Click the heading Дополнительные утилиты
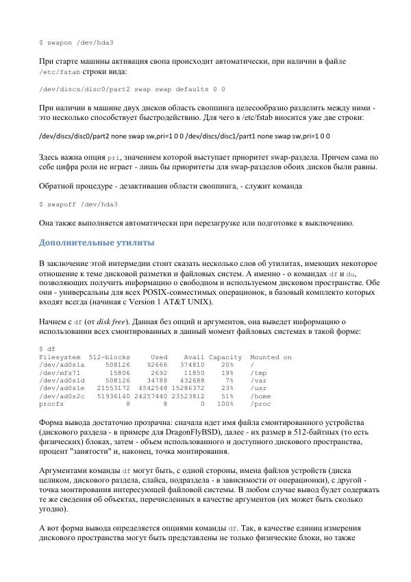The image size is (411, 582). tap(97, 243)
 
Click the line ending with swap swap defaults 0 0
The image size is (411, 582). tap(132, 89)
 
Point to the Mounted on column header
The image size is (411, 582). tap(271, 357)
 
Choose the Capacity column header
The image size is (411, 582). tap(225, 357)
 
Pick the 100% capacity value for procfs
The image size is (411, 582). tap(230, 405)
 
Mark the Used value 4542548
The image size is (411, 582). tap(153, 386)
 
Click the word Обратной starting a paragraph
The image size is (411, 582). tap(59, 186)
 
